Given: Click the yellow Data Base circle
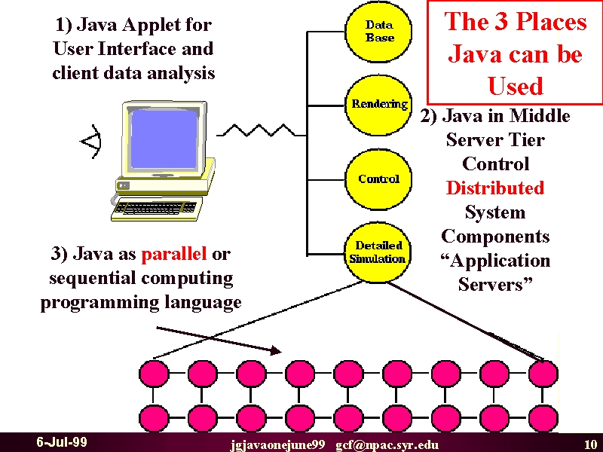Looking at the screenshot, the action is tap(378, 31).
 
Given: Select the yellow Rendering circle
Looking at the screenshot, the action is tap(378, 105).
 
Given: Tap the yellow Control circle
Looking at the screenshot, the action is tap(378, 179).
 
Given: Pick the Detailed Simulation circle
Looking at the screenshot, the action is tap(378, 252).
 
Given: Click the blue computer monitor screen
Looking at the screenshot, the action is tap(164, 139).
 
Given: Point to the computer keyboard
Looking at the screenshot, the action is tap(157, 209).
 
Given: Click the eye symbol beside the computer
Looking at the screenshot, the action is tap(91, 142).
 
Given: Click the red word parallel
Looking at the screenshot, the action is tap(174, 254).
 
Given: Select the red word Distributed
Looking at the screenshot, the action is tap(495, 188).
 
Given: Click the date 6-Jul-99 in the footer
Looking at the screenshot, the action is tap(62, 442).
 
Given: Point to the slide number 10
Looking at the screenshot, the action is tap(590, 444).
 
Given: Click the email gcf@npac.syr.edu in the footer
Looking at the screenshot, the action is tap(387, 445).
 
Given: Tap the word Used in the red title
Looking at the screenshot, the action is tap(516, 86).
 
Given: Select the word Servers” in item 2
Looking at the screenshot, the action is tap(495, 285).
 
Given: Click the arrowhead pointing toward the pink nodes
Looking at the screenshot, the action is tap(276, 350).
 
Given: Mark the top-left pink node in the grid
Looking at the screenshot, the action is tap(154, 373).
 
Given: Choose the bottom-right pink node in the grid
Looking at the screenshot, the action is tap(543, 418).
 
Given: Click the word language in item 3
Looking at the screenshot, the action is tap(203, 303).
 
